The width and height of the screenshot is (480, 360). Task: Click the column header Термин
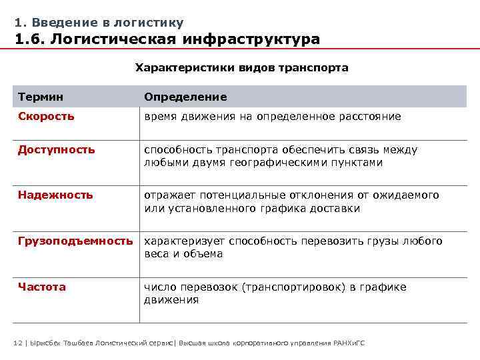point(41,97)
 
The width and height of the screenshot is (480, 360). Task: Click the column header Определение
point(185,97)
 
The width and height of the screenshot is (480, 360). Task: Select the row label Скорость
point(46,116)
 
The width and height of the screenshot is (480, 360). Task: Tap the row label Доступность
point(56,149)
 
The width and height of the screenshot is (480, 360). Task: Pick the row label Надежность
point(55,195)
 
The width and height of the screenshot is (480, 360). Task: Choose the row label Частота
point(42,287)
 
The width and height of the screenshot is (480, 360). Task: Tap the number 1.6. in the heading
point(31,40)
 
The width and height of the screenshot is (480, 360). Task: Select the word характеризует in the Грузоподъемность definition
point(184,241)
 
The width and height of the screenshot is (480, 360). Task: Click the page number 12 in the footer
point(18,343)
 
